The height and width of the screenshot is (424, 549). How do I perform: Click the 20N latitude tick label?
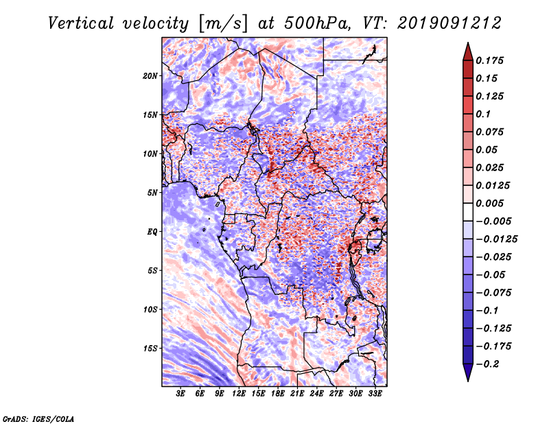point(150,75)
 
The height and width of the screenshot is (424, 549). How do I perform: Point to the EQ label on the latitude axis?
point(152,231)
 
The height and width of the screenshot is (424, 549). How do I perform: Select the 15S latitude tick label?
point(150,349)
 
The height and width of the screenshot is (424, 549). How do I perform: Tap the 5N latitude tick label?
point(152,193)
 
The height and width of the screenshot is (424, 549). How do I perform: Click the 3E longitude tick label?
point(180,394)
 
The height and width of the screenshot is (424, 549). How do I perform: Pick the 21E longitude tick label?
point(297,394)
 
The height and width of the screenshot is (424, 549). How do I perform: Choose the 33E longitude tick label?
point(375,394)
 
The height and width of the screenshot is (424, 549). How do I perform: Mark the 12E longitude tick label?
point(239,394)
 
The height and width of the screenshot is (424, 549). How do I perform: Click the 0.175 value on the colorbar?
point(489,60)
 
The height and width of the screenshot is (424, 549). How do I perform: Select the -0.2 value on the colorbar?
point(487,364)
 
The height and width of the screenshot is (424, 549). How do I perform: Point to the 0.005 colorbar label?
point(489,203)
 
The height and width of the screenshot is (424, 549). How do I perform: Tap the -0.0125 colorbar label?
point(496,239)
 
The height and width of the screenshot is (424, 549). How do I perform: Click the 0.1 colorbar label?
point(483,114)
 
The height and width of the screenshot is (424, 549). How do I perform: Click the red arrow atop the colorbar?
point(468,51)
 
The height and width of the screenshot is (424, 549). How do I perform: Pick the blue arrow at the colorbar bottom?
point(468,373)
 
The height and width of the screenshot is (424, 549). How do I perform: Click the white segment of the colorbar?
point(468,212)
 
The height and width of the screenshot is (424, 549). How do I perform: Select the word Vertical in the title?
point(81,23)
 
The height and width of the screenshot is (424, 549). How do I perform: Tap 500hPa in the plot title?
point(317,23)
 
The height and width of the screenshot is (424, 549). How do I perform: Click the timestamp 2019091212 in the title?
point(449,23)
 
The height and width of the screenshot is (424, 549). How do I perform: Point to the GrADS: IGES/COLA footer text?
point(38,419)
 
